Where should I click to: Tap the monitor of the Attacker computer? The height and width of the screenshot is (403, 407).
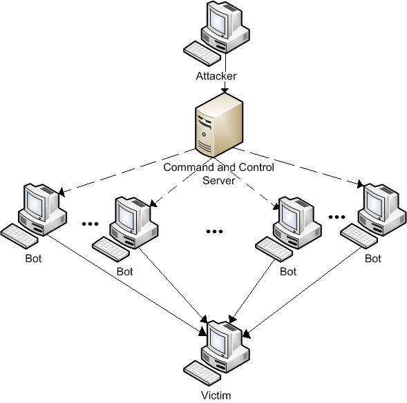click(x=218, y=21)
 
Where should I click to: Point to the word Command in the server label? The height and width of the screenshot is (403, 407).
click(x=185, y=168)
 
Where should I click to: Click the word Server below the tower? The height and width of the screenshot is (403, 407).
click(x=218, y=180)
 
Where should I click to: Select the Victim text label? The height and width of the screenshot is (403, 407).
click(x=216, y=395)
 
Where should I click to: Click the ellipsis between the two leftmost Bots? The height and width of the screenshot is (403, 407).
click(x=90, y=224)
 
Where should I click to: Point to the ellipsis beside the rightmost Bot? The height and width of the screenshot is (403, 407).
click(x=337, y=217)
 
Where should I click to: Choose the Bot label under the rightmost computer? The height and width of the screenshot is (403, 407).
click(x=372, y=259)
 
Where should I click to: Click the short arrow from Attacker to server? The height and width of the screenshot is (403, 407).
click(x=223, y=87)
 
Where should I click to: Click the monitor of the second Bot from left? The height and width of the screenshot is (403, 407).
click(x=129, y=215)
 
